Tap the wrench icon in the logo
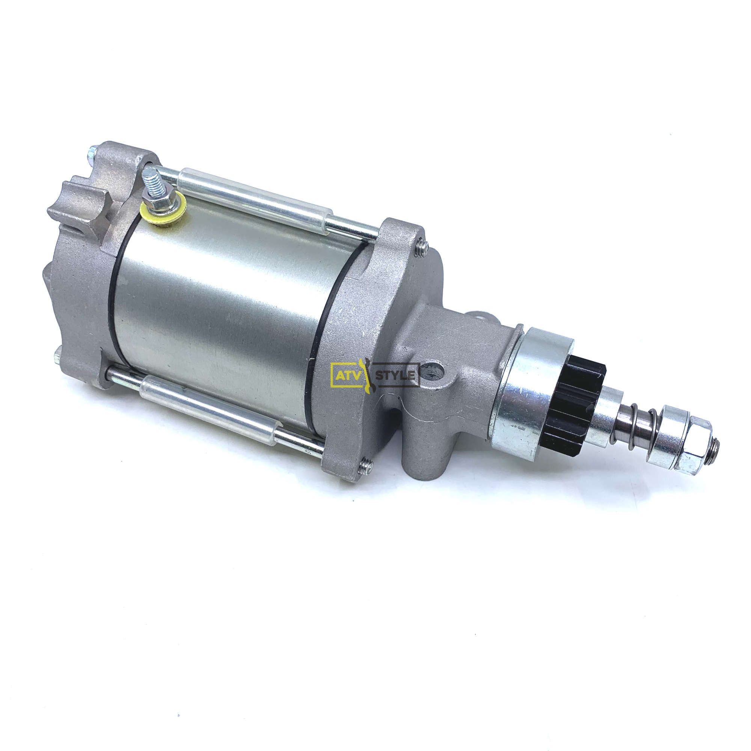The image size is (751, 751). pos(366,375)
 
